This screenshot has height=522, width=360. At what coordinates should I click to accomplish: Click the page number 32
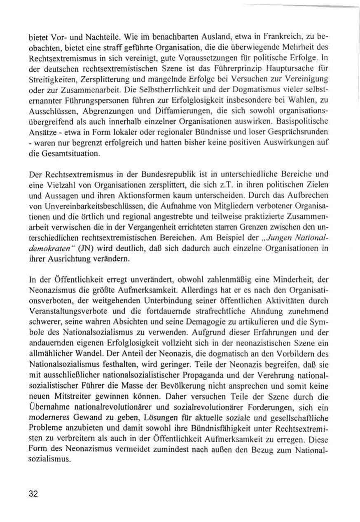coord(33,494)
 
